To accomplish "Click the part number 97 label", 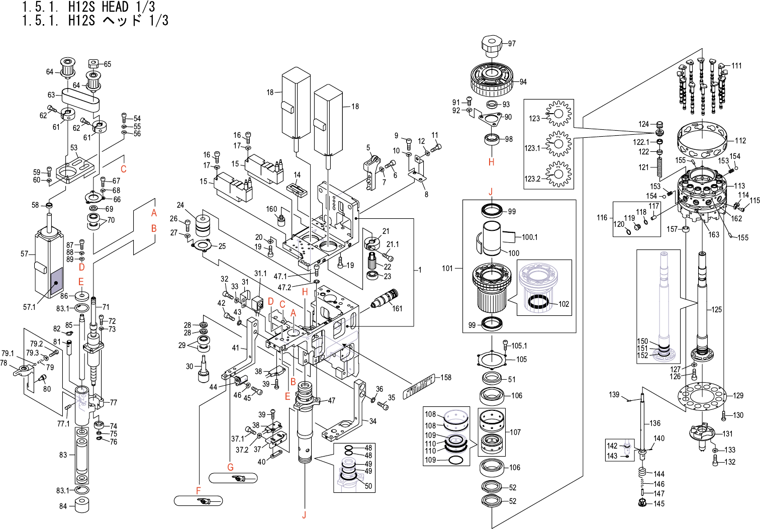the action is click(x=512, y=43).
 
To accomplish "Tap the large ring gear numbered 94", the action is click(x=491, y=80).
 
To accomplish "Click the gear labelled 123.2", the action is click(x=558, y=174).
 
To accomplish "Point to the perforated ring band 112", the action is click(x=702, y=140).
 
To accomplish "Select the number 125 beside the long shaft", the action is click(x=717, y=309).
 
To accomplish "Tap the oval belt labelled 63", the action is click(x=80, y=100).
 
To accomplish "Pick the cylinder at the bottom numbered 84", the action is click(x=81, y=504).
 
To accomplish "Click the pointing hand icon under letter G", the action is click(x=240, y=478).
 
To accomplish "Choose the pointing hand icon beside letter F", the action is click(x=204, y=501).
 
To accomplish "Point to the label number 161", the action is click(x=397, y=308).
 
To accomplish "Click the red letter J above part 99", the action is click(x=491, y=192).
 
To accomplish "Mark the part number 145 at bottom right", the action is click(x=659, y=503).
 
